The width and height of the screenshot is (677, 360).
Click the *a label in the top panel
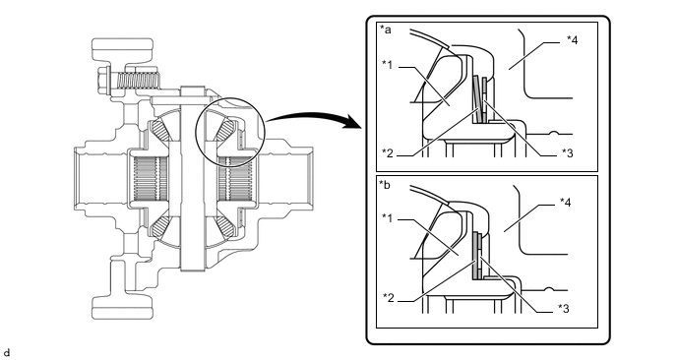click(x=386, y=30)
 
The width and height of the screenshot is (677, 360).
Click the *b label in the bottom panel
click(x=385, y=185)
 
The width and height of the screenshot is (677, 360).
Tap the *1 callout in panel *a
click(x=388, y=65)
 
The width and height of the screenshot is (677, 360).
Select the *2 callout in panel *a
click(x=388, y=152)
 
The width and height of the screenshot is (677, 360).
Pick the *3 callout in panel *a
click(x=568, y=152)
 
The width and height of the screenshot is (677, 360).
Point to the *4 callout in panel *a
click(x=572, y=40)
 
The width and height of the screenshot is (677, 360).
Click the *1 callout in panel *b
click(x=388, y=218)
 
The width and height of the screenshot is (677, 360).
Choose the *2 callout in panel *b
click(x=389, y=297)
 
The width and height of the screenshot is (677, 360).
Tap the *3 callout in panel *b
click(x=564, y=308)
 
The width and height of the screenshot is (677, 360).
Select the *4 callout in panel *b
click(x=565, y=202)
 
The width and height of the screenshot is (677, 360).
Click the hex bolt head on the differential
click(x=103, y=80)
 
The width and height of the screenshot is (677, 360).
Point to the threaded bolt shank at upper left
click(x=139, y=81)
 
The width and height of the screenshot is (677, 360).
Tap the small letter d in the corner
click(x=6, y=353)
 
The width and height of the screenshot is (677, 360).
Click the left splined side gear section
click(x=150, y=179)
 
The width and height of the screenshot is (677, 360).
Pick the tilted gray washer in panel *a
click(x=476, y=98)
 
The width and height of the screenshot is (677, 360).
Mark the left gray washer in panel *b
click(x=476, y=255)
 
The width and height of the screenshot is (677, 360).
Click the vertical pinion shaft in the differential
click(x=192, y=178)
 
